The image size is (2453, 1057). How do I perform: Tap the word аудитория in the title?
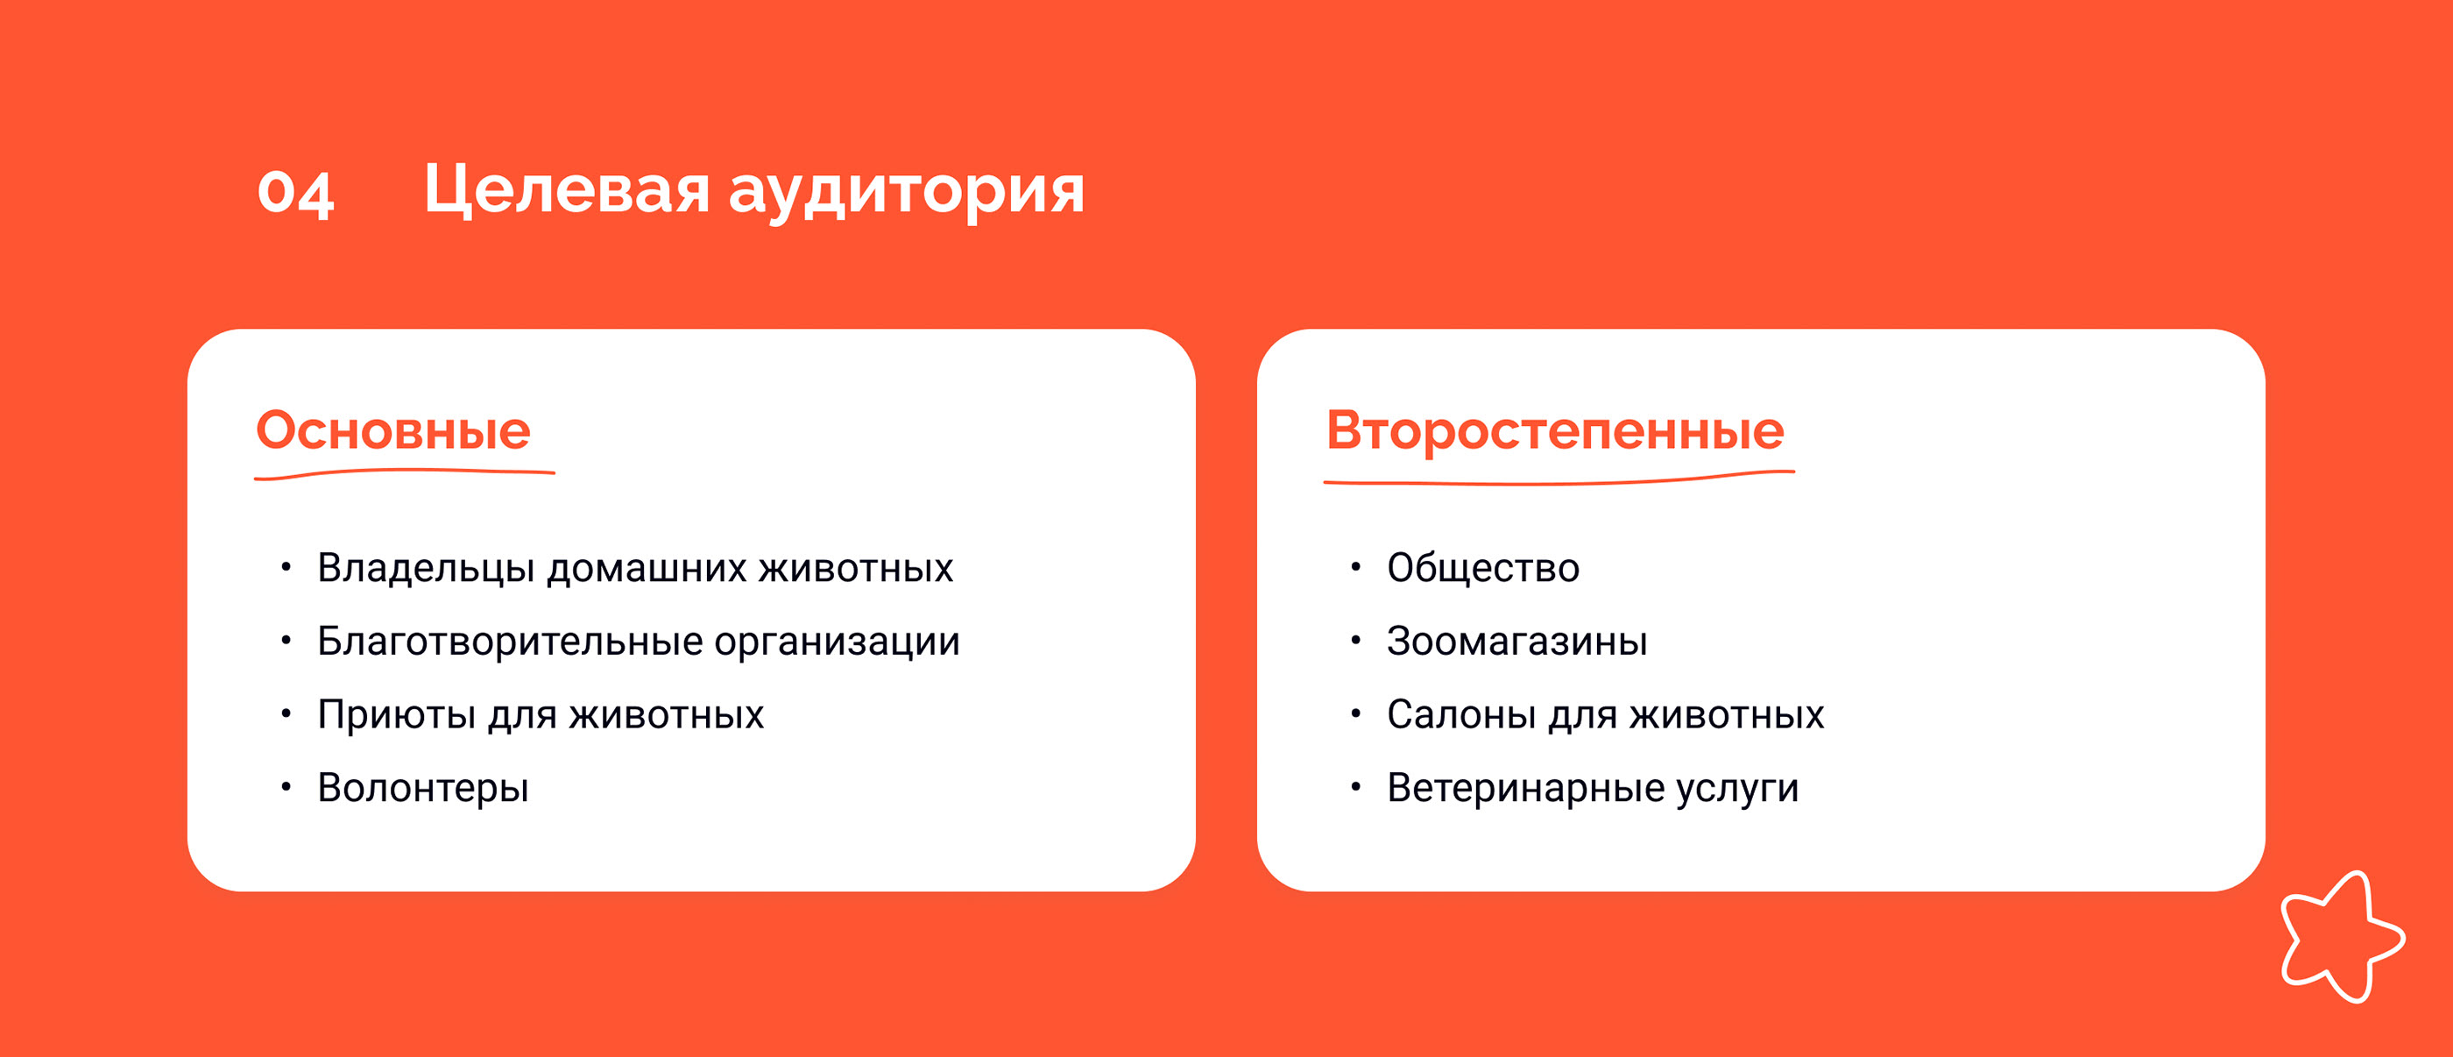[x=907, y=191]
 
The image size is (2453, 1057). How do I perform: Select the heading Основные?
[x=393, y=430]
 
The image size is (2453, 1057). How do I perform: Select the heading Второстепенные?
[x=1555, y=430]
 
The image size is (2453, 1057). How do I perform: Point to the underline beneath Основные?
[x=405, y=473]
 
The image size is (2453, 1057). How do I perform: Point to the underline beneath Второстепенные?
[x=1559, y=479]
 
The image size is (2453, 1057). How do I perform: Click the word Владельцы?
[x=426, y=569]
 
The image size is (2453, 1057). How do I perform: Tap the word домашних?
[x=647, y=569]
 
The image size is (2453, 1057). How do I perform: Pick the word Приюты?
[x=396, y=715]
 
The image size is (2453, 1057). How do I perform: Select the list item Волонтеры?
[x=423, y=789]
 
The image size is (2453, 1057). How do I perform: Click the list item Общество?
[x=1482, y=568]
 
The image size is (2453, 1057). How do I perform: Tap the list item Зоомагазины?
[x=1517, y=642]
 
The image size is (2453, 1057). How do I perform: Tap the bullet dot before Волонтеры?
[x=286, y=786]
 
